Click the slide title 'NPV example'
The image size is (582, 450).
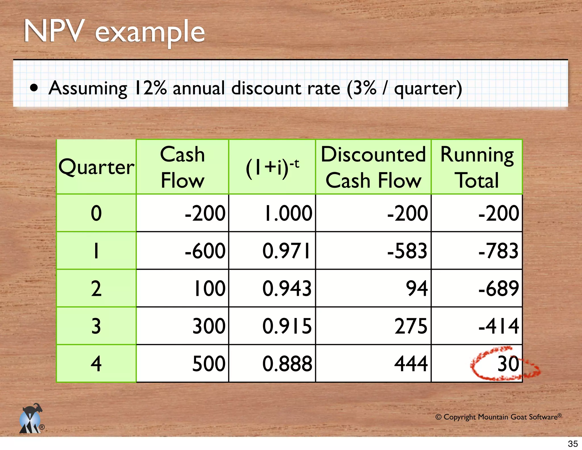coord(114,32)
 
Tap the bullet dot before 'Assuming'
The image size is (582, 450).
coord(34,88)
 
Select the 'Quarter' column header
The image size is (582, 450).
coord(96,167)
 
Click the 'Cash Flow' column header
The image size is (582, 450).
coord(182,167)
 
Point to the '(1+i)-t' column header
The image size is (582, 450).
coord(272,168)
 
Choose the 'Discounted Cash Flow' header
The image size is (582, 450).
coord(373,167)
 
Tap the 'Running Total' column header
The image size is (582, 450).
coord(477,167)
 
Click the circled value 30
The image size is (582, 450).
coord(508,364)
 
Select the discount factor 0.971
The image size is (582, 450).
coord(286,251)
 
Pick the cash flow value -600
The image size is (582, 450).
coord(205,251)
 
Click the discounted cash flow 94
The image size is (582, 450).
coord(417,288)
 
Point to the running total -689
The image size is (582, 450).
coord(499,288)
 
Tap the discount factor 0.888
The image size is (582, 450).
coord(287,364)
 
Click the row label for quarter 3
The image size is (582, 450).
coord(96,326)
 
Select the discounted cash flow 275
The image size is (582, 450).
coord(411,326)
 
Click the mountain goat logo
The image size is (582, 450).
coord(31,419)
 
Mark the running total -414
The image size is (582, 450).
coord(499,326)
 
